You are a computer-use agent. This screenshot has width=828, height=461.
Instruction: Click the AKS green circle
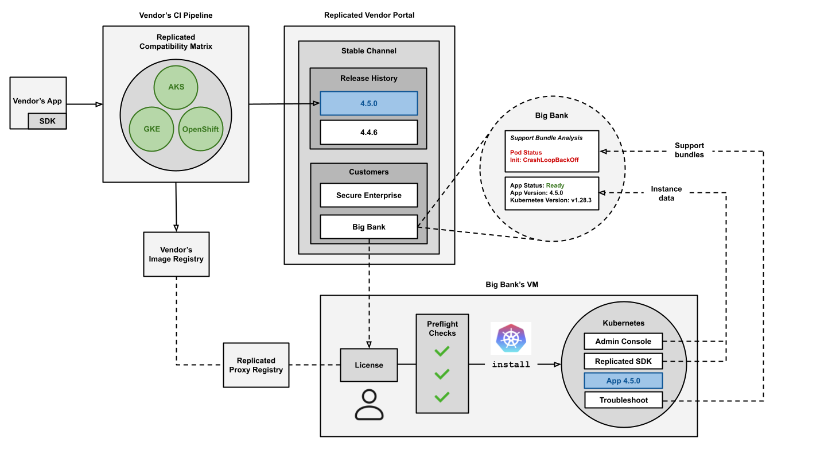pos(176,88)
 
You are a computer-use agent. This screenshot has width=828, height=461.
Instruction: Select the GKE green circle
pos(151,129)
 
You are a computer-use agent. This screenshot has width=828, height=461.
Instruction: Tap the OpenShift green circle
pos(200,129)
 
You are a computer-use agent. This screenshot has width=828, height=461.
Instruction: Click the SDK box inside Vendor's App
pos(47,121)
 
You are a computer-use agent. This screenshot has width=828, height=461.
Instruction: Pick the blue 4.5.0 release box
pos(368,103)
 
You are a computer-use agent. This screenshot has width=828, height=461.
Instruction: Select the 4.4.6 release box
pos(368,132)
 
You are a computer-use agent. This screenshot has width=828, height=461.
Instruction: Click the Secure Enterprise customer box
pos(368,195)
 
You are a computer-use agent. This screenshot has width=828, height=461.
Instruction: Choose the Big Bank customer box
pos(368,227)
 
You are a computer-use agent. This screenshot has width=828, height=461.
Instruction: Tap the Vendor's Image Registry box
pos(176,254)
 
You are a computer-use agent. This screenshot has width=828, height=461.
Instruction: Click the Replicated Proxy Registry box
pos(256,365)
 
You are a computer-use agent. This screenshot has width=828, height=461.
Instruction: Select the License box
pos(368,365)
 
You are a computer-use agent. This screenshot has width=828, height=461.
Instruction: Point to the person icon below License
pos(368,405)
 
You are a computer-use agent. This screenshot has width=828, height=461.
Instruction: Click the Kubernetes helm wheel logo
pos(510,338)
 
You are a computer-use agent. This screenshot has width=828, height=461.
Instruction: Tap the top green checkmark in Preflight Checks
pos(441,351)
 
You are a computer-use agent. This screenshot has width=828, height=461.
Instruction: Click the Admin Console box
pos(623,341)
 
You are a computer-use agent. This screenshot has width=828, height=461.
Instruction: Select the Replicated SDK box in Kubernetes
pos(623,361)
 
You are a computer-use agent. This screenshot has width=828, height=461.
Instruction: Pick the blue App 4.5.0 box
pos(623,381)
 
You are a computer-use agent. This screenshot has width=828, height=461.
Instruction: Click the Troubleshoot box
pos(623,400)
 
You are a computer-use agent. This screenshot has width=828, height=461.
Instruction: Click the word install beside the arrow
pos(511,365)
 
